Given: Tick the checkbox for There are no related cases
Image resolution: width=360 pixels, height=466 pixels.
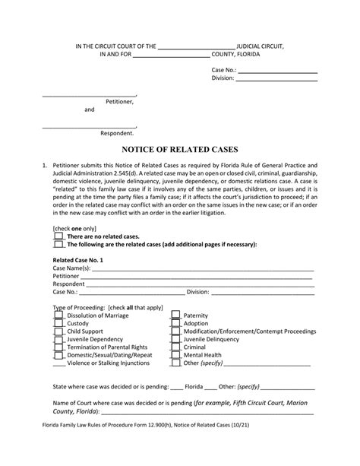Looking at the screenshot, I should [x=58, y=236].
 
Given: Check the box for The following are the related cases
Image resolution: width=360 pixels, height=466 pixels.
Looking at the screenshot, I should [x=58, y=244].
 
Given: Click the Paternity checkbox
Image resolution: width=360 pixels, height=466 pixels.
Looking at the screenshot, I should [x=175, y=314].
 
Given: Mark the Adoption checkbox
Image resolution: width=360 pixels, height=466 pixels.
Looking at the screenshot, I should [x=175, y=324].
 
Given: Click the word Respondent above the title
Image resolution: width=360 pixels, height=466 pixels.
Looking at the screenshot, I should [x=117, y=132].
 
